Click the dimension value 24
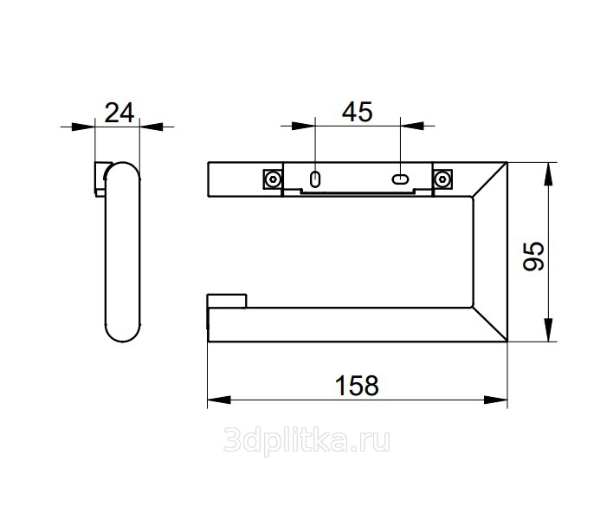[x=119, y=113]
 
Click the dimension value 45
[x=358, y=112]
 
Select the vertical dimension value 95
[x=533, y=257]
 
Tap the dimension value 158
[x=357, y=386]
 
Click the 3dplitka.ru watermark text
[x=306, y=441]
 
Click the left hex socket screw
[x=273, y=179]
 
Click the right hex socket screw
[x=442, y=179]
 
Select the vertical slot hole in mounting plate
[x=315, y=179]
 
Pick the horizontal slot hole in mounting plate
[x=400, y=179]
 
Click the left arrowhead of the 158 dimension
[x=219, y=400]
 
